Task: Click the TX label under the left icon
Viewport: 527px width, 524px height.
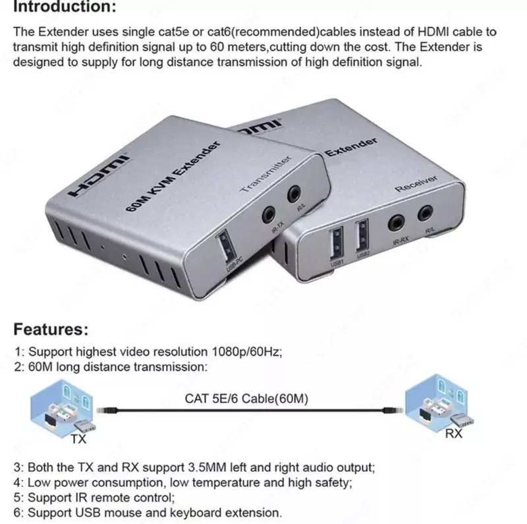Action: (x=77, y=436)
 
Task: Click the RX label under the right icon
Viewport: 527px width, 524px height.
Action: (x=453, y=434)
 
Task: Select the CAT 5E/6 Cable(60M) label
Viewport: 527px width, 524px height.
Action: (x=246, y=399)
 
